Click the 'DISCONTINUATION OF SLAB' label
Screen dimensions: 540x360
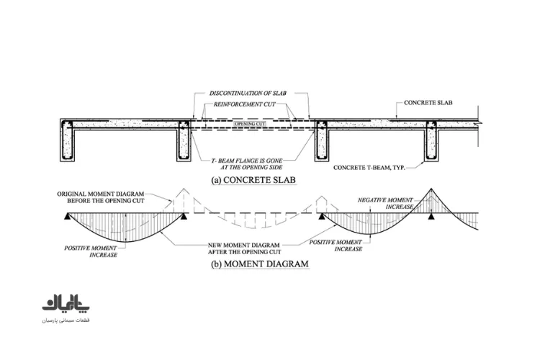tap(248, 93)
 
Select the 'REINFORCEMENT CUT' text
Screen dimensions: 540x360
tap(245, 104)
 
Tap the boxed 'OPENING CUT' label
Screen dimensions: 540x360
tap(250, 123)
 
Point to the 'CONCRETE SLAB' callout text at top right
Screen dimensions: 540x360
tap(428, 103)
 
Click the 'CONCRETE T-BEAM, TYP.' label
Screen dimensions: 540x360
tap(369, 168)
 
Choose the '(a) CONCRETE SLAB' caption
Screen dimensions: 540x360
tap(253, 180)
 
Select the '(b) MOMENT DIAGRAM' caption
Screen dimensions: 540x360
tap(260, 264)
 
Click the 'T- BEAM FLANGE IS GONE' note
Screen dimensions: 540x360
tap(247, 161)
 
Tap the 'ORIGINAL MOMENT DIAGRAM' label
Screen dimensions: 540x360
tap(101, 194)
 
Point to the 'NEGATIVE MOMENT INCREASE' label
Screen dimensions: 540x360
tap(385, 203)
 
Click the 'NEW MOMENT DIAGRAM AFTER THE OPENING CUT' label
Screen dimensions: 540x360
tap(244, 248)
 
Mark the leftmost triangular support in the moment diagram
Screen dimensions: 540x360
tap(67, 216)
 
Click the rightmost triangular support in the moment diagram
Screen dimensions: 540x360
tap(431, 216)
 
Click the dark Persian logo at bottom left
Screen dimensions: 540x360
tap(66, 303)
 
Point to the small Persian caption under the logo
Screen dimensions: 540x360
tap(66, 320)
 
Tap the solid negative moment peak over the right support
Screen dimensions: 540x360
tap(431, 189)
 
